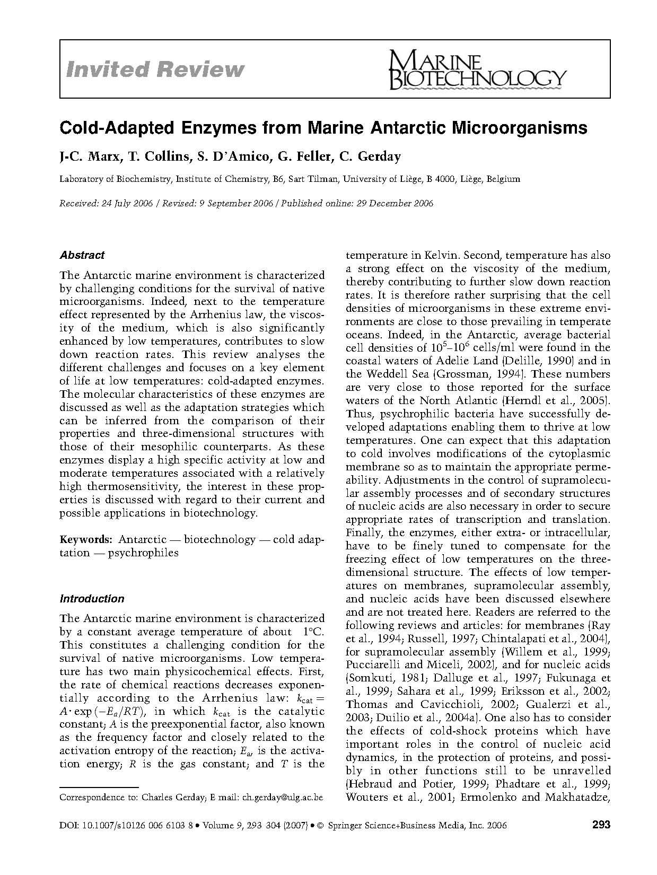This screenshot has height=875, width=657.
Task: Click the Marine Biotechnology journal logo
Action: (x=477, y=71)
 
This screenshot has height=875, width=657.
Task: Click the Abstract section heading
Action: (x=82, y=255)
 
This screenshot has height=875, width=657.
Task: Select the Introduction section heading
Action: (x=92, y=599)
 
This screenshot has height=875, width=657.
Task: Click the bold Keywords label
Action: (x=85, y=539)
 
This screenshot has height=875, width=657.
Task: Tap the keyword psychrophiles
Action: (x=143, y=553)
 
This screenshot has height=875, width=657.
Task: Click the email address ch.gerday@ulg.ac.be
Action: (x=282, y=797)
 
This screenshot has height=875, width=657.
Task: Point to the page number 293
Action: (x=601, y=825)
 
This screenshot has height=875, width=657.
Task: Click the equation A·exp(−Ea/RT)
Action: (x=100, y=711)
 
